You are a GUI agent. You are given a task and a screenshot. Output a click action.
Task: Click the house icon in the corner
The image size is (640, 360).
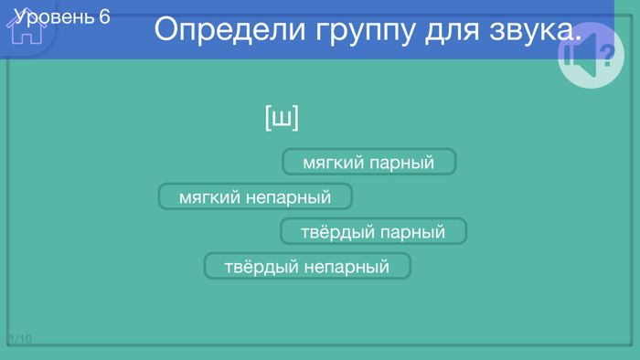pyautogui.click(x=26, y=28)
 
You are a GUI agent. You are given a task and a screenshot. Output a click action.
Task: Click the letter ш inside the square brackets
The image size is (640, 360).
pyautogui.click(x=283, y=118)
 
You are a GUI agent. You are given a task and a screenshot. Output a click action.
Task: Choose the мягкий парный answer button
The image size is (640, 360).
pyautogui.click(x=368, y=163)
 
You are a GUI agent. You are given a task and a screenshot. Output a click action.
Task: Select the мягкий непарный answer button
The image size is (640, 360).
pyautogui.click(x=255, y=196)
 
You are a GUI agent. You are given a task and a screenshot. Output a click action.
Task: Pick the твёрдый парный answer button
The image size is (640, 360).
pyautogui.click(x=373, y=232)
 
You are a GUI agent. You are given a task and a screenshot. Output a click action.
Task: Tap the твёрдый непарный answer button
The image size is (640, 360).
pyautogui.click(x=307, y=267)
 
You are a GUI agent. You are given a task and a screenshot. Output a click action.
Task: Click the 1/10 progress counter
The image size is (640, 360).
pyautogui.click(x=20, y=339)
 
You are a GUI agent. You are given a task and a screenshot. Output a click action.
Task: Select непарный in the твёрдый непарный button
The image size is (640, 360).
pyautogui.click(x=347, y=267)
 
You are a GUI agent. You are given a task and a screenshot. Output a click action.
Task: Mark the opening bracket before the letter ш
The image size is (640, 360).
pyautogui.click(x=268, y=118)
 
